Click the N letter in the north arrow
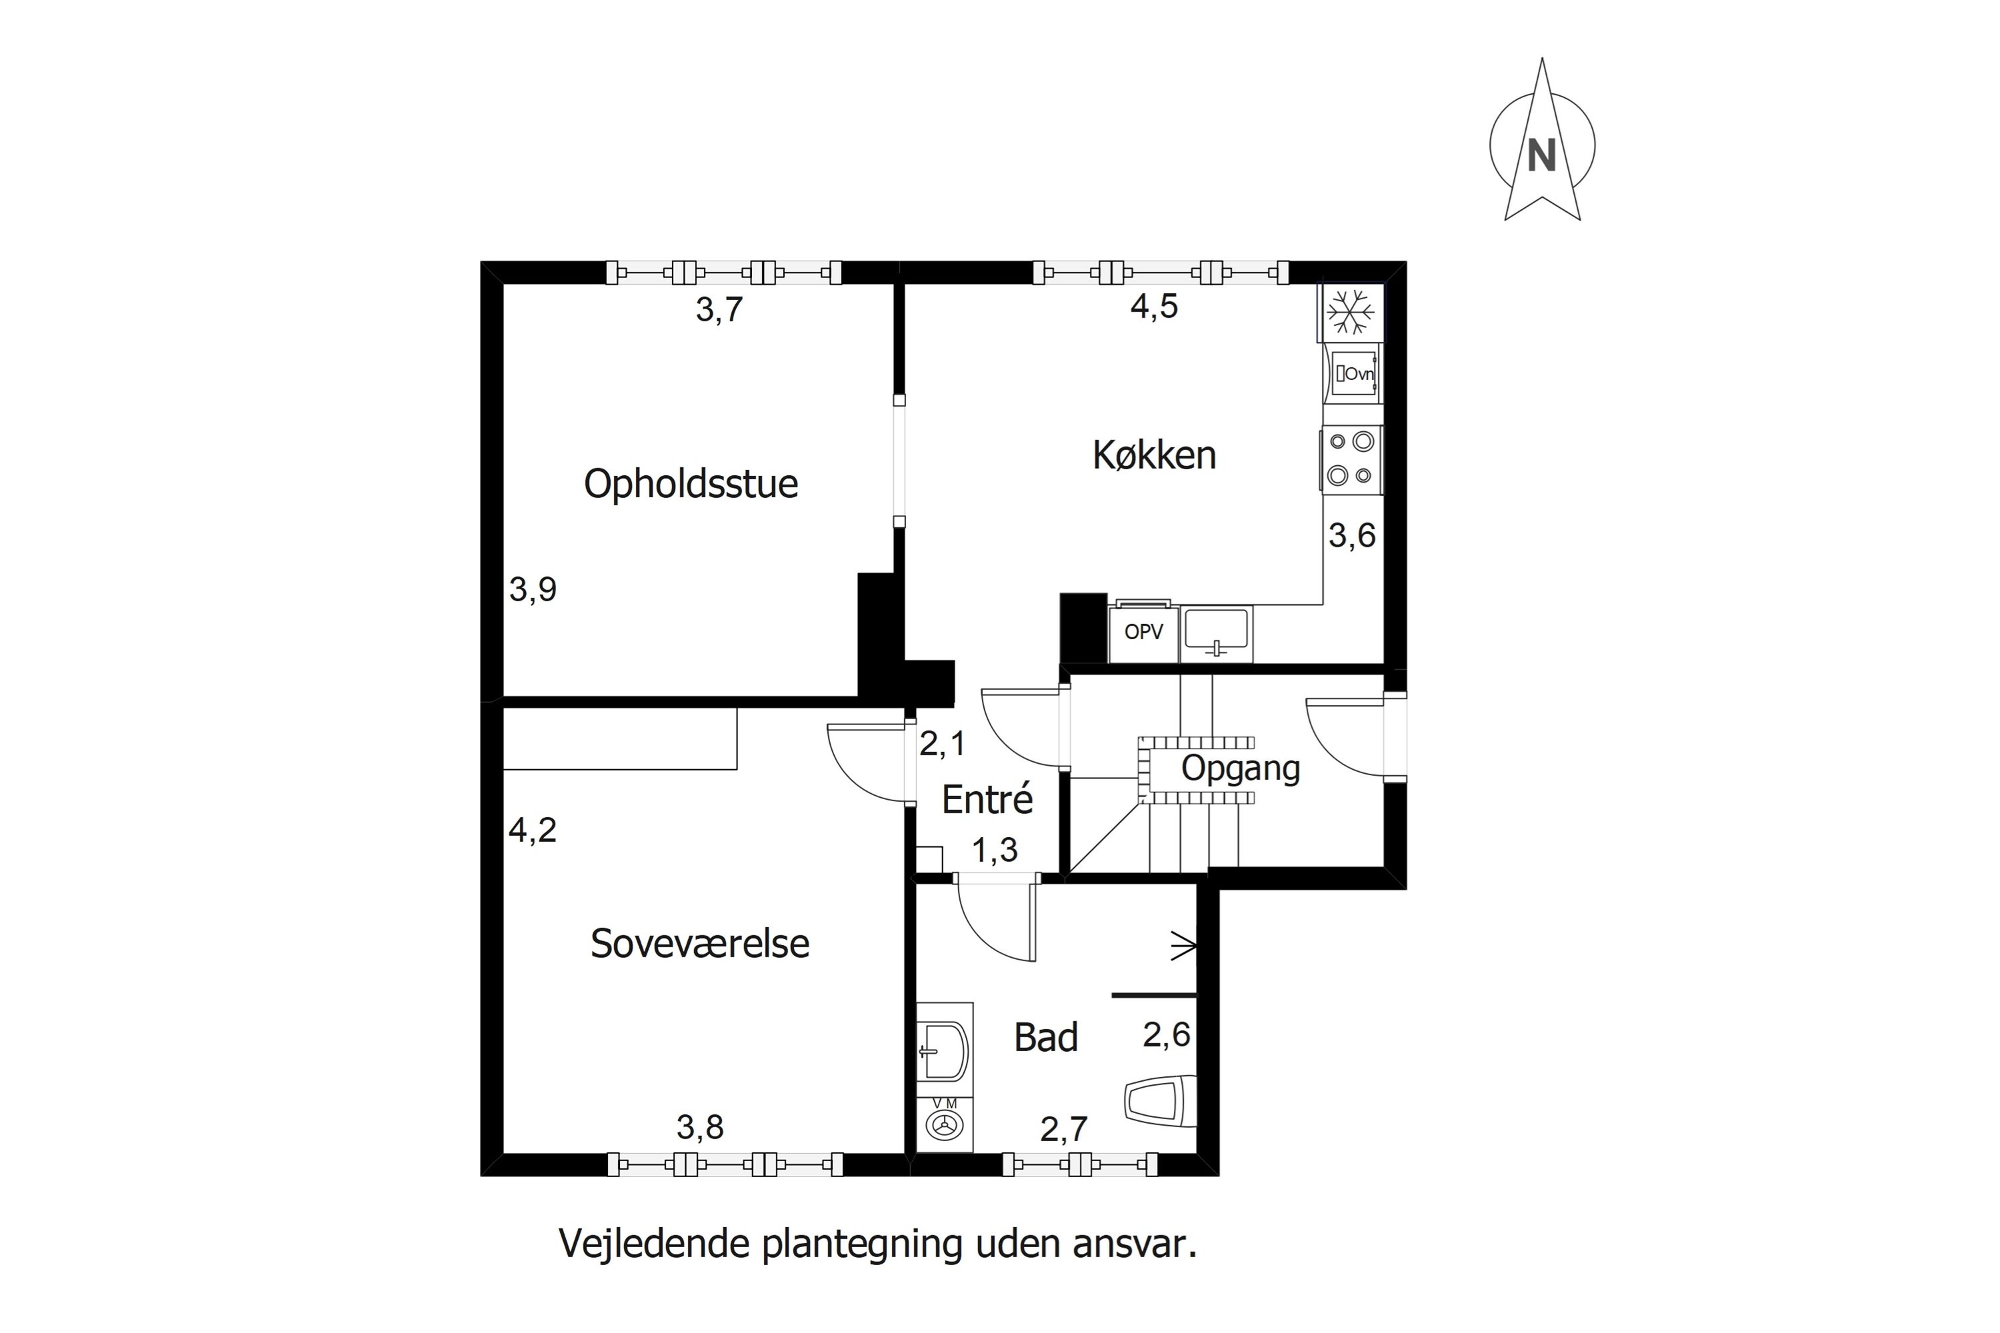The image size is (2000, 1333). [1541, 155]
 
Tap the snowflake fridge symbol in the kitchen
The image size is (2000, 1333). [1351, 312]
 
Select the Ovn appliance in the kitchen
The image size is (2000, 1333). [1353, 373]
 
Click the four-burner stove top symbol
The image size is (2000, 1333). [1351, 459]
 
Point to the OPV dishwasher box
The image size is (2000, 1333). [1143, 633]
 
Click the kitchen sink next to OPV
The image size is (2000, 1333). [1216, 633]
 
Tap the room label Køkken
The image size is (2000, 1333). [1154, 456]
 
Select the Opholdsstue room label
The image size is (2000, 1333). [691, 484]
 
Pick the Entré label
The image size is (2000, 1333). [987, 799]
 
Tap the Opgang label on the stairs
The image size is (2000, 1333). [1240, 768]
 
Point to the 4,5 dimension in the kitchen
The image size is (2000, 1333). [1154, 306]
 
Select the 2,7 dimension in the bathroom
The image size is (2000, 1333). [1063, 1129]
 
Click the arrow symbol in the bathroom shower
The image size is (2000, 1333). [1184, 945]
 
